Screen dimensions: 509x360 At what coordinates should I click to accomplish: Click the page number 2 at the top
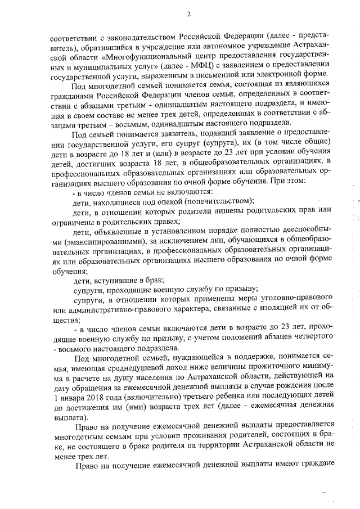(x=189, y=14)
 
